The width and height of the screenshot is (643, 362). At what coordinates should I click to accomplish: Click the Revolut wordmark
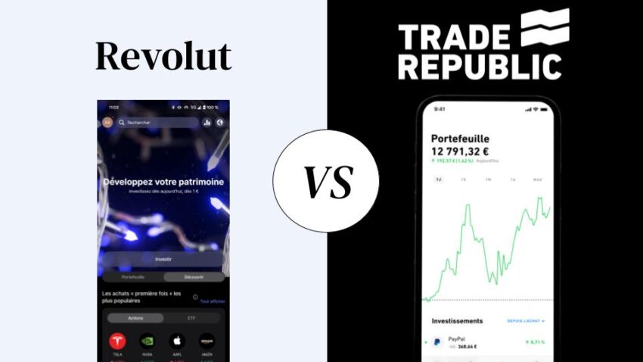click(163, 57)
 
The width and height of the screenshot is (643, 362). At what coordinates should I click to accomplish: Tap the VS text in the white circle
click(326, 180)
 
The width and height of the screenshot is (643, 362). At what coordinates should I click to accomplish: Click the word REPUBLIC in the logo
click(480, 67)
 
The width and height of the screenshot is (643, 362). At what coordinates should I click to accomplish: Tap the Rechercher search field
click(158, 122)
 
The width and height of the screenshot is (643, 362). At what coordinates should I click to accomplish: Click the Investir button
click(163, 259)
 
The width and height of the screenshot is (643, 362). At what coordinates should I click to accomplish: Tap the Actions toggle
click(135, 318)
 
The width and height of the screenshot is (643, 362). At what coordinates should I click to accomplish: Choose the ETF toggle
click(191, 318)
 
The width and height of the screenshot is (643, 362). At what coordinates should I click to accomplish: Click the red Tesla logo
click(117, 341)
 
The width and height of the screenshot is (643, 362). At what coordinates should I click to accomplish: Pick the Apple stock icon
click(176, 341)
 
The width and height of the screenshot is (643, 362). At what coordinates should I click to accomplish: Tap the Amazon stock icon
click(207, 341)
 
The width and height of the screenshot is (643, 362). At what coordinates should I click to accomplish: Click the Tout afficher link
click(213, 301)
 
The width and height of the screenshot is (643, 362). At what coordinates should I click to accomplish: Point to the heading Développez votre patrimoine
click(163, 182)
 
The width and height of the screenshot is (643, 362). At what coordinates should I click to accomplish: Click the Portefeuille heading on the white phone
click(460, 139)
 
